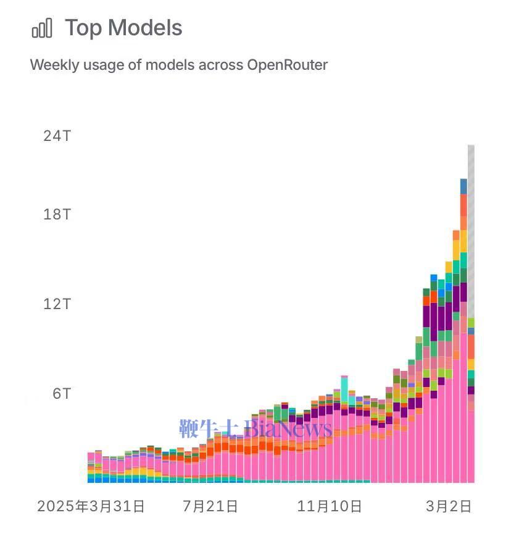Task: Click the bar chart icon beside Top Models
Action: [42, 28]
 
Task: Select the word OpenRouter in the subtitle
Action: [287, 64]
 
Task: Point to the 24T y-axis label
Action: [57, 135]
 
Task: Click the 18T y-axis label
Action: [57, 215]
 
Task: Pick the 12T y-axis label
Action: [57, 304]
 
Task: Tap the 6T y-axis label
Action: [61, 394]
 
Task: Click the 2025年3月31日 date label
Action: [91, 507]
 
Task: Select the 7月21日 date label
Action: [210, 507]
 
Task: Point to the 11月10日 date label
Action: [330, 507]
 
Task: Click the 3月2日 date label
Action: [449, 507]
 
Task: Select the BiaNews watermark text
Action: [288, 428]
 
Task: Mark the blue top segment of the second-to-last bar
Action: [463, 186]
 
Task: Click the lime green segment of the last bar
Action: [471, 323]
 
